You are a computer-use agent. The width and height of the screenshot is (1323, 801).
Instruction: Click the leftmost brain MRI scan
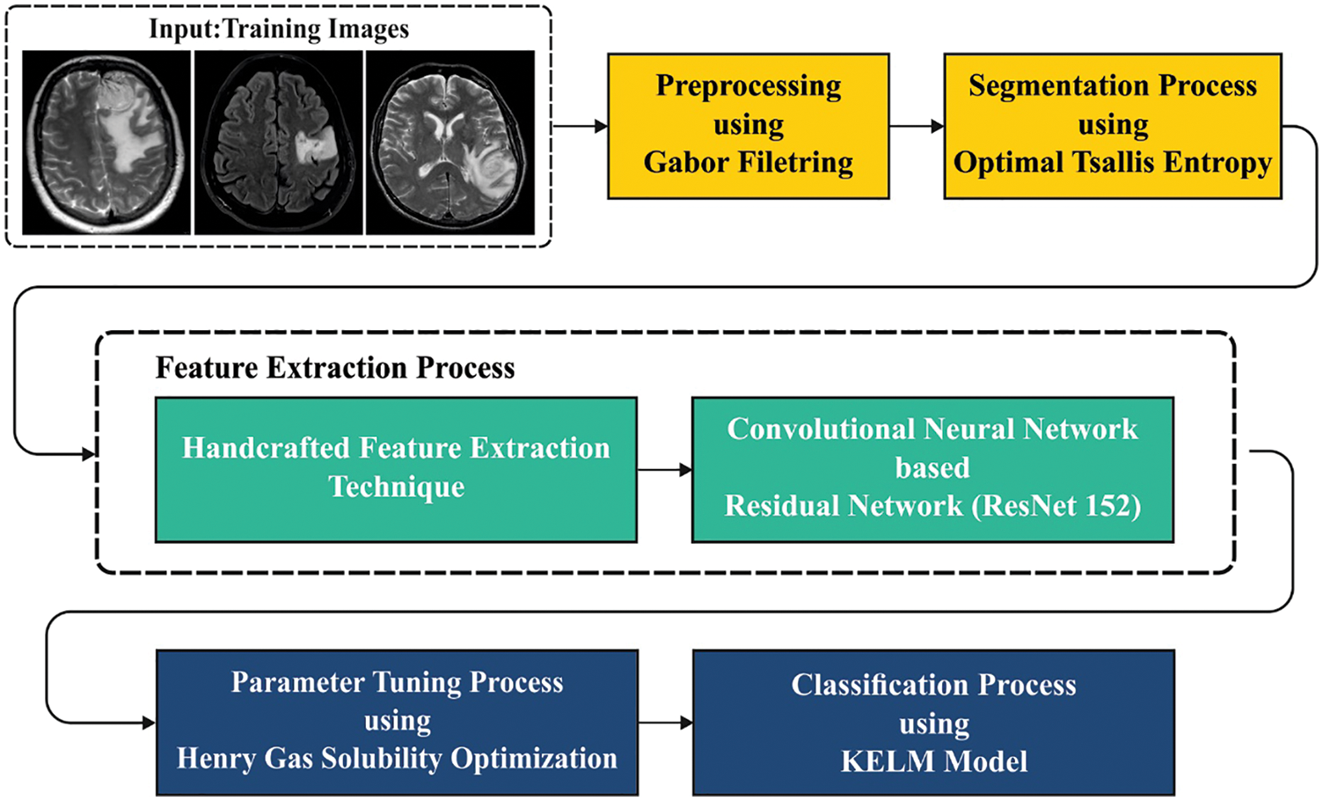pos(106,143)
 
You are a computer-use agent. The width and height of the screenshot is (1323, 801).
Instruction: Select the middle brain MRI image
pos(278,143)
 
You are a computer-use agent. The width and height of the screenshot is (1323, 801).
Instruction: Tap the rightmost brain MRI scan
pos(450,143)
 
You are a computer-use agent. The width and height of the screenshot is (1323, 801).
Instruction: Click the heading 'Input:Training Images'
pos(279,29)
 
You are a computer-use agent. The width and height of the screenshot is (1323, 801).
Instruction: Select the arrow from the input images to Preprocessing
pos(580,127)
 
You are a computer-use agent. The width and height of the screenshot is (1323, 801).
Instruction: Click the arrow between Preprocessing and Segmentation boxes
pos(917,127)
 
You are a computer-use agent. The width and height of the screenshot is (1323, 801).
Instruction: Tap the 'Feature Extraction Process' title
pos(335,367)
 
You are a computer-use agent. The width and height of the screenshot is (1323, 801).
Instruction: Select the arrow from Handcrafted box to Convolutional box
pos(664,470)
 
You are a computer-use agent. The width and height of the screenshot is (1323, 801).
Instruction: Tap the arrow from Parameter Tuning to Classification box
pos(666,724)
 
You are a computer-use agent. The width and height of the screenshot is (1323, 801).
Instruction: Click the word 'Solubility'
pos(379,759)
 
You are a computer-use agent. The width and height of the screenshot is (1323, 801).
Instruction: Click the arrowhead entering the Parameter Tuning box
pos(149,724)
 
